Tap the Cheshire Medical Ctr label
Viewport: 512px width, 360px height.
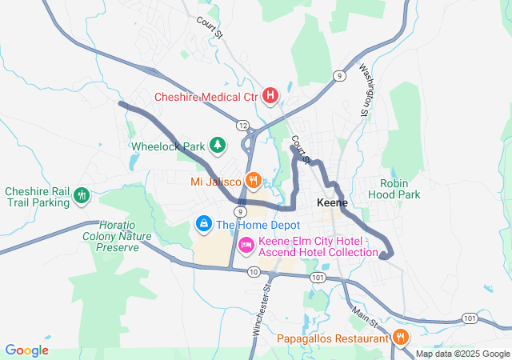pyautogui.click(x=206, y=97)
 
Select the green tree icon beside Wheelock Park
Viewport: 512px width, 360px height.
pyautogui.click(x=216, y=145)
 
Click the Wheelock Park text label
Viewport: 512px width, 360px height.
pyautogui.click(x=168, y=147)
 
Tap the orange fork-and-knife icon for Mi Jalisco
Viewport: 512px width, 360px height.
pyautogui.click(x=253, y=179)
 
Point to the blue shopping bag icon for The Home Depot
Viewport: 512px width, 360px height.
pyautogui.click(x=204, y=222)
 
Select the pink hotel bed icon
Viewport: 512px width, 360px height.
pyautogui.click(x=246, y=243)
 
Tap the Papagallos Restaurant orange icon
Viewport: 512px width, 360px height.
pyautogui.click(x=400, y=338)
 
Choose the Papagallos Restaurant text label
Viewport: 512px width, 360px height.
pyautogui.click(x=333, y=338)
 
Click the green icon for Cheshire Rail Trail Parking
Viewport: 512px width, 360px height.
pyautogui.click(x=81, y=195)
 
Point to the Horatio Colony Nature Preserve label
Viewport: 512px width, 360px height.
pyautogui.click(x=112, y=236)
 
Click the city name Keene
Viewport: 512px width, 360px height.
pyautogui.click(x=332, y=202)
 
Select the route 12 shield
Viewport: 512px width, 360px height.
pyautogui.click(x=242, y=125)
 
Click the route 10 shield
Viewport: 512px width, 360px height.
pyautogui.click(x=254, y=272)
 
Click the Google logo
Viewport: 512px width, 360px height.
pyautogui.click(x=26, y=350)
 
